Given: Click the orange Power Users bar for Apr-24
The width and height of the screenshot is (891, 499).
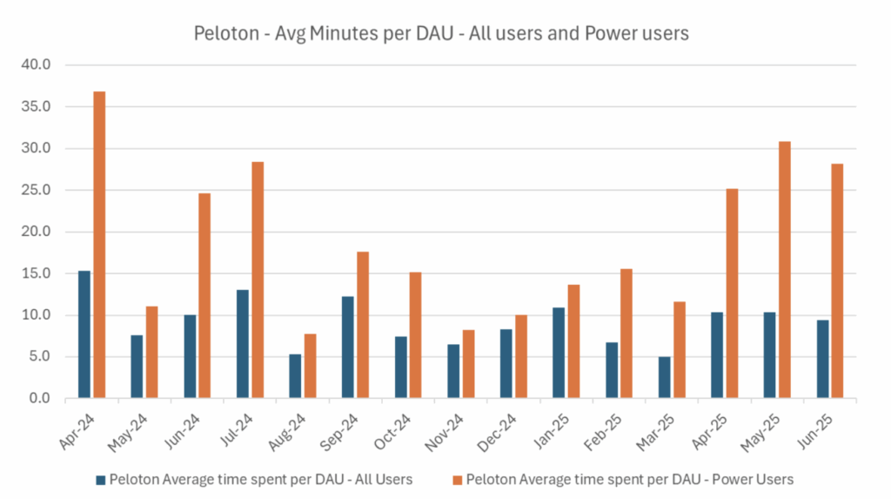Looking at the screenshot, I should click(x=99, y=245).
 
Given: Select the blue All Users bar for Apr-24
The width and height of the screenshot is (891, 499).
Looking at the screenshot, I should click(x=84, y=334).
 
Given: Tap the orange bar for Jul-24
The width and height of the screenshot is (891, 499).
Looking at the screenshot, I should click(x=258, y=280).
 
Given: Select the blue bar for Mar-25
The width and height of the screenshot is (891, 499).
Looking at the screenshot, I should click(x=664, y=377).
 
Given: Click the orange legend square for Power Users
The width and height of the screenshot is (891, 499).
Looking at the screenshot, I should click(x=458, y=478).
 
